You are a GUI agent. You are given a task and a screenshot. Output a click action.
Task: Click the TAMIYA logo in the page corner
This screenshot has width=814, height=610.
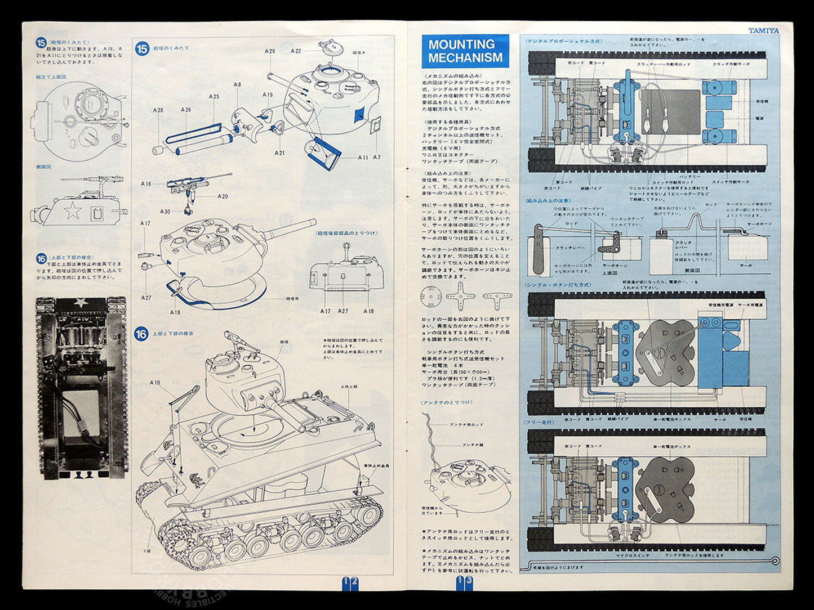click(x=763, y=30)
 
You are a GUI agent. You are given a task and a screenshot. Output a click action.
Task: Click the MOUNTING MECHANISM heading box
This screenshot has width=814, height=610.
click(x=465, y=51)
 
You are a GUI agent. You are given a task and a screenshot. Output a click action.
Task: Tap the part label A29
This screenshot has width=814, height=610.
click(x=270, y=51)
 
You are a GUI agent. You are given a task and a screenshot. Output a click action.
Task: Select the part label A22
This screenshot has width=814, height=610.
click(x=296, y=51)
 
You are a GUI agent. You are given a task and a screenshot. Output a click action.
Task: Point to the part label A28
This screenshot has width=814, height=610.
click(x=158, y=110)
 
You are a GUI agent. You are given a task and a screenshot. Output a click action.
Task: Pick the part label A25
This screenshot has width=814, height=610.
click(x=213, y=97)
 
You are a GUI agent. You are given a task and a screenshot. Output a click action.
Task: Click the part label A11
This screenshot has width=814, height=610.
click(x=363, y=158)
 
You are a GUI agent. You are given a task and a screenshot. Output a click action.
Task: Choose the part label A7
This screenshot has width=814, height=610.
click(x=377, y=158)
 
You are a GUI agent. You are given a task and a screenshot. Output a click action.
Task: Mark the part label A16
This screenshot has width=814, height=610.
click(x=146, y=183)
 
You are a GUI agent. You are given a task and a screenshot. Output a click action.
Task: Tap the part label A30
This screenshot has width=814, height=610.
click(x=164, y=212)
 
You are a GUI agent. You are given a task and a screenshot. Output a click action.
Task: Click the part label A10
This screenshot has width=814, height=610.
click(x=155, y=383)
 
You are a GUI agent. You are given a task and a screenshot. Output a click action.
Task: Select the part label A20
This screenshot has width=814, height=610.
click(x=223, y=196)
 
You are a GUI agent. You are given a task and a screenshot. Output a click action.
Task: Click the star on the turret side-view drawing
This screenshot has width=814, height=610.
click(x=72, y=211)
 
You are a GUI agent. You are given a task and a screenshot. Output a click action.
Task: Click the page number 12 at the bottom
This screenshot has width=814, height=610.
click(x=350, y=581)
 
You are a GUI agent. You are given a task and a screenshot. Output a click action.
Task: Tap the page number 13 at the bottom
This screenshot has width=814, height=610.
click(x=464, y=581)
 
